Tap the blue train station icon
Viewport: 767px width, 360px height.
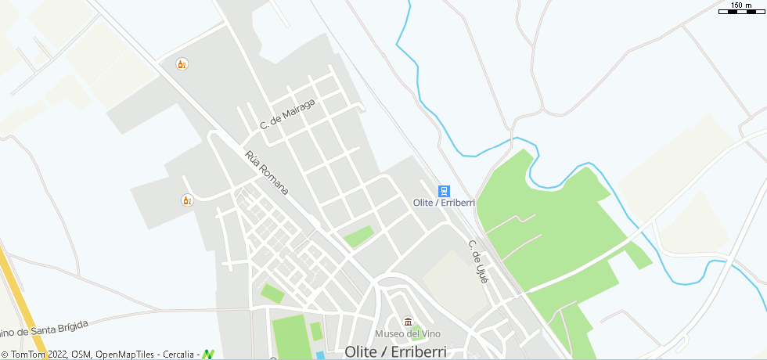[x=444, y=191]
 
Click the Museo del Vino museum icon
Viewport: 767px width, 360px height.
[x=407, y=322]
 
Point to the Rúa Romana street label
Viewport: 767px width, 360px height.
[x=267, y=173]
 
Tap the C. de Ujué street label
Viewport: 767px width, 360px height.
[x=478, y=261]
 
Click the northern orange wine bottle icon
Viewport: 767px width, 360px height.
[x=182, y=64]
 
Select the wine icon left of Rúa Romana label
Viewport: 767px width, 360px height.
[x=187, y=200]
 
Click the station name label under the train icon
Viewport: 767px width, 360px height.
[x=444, y=203]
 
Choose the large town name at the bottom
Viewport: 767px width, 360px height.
[x=394, y=352]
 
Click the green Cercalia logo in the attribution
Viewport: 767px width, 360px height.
[x=208, y=355]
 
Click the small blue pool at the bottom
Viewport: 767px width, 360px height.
[x=321, y=355]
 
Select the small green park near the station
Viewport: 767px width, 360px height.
[x=358, y=236]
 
